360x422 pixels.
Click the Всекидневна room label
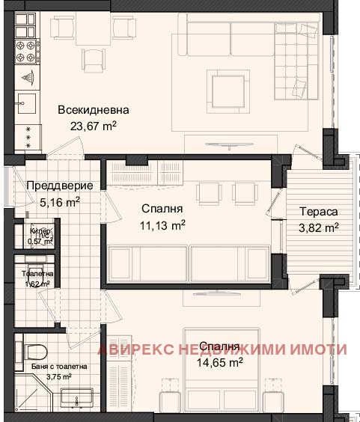(94, 110)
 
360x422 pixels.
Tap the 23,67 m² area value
(94, 126)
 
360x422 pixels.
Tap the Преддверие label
(59, 186)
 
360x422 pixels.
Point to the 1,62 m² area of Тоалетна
(35, 284)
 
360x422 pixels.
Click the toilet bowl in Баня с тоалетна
(37, 351)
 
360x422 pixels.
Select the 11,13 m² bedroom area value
(162, 225)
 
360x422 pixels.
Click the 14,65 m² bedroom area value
(220, 363)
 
